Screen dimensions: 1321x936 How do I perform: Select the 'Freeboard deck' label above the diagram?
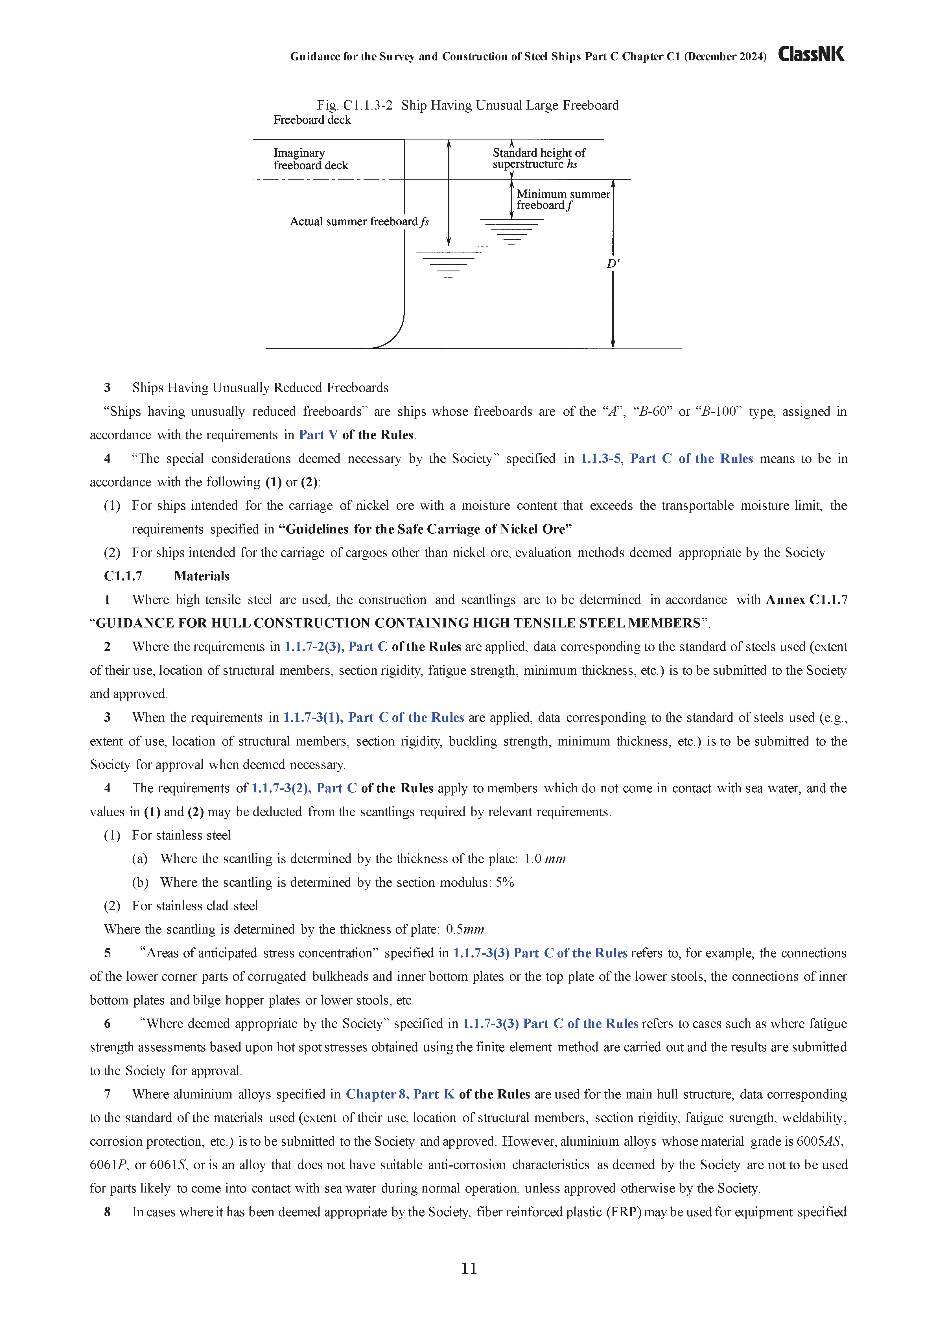[x=312, y=120]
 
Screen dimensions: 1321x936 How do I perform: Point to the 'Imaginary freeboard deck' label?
[x=311, y=159]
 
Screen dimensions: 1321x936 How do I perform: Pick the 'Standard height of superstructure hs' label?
[x=538, y=158]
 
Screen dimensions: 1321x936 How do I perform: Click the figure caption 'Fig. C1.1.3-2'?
[x=355, y=106]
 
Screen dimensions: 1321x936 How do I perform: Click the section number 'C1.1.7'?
[x=123, y=576]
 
